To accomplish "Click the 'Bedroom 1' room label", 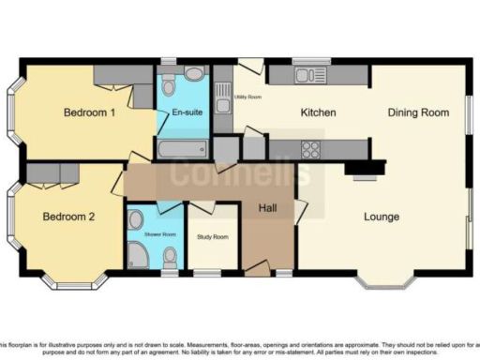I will pyautogui.click(x=89, y=112).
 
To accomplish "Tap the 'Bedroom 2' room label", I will pyautogui.click(x=68, y=217).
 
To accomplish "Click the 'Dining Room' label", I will pyautogui.click(x=416, y=112).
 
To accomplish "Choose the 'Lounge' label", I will pyautogui.click(x=382, y=217).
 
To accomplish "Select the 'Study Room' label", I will pyautogui.click(x=212, y=237).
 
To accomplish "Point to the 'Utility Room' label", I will pyautogui.click(x=247, y=97).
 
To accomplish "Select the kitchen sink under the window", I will pyautogui.click(x=306, y=73).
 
